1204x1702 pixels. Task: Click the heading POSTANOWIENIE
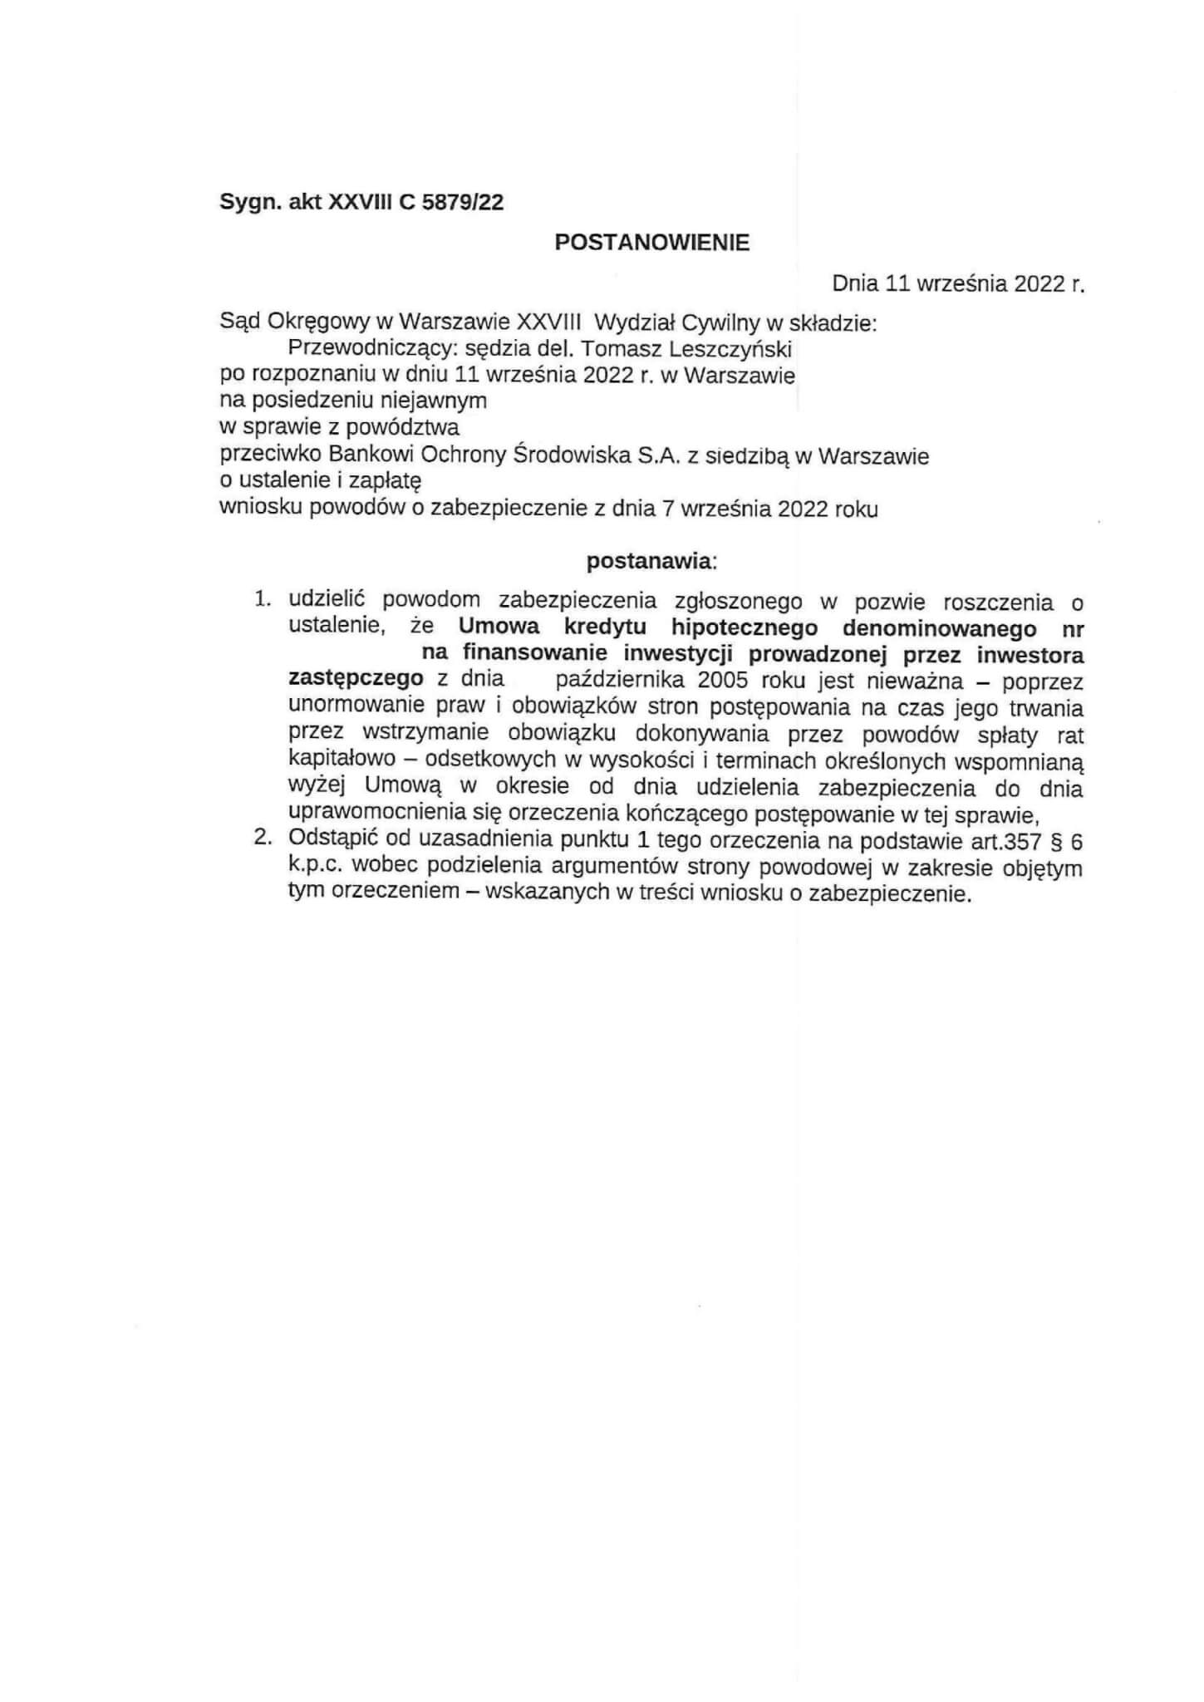point(651,243)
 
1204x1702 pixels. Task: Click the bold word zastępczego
point(356,680)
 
